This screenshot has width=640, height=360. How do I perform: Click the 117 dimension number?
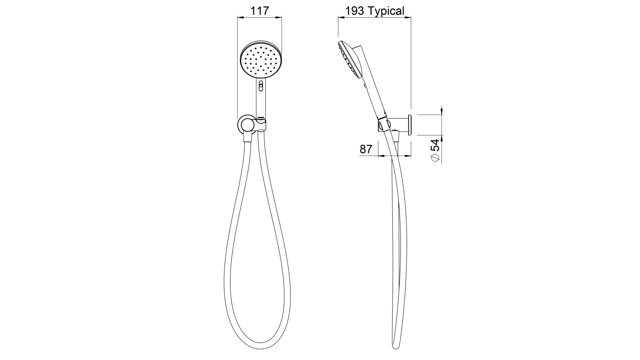[260, 11]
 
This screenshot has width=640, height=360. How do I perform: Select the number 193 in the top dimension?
[355, 11]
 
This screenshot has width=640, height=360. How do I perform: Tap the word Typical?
[386, 11]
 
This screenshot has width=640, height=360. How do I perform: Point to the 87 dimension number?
[366, 149]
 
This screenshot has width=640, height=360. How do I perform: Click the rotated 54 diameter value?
[435, 144]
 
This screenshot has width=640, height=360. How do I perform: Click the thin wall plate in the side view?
[410, 124]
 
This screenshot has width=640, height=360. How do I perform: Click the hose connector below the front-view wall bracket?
[247, 138]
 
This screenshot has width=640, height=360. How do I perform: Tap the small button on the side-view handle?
[365, 85]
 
